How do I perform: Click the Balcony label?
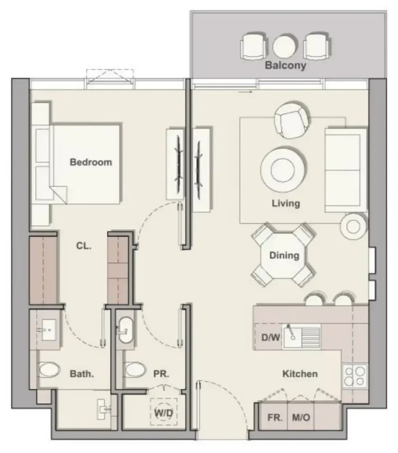pos(286,65)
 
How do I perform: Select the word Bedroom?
pos(91,162)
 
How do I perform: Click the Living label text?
pos(286,203)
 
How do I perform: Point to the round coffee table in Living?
pos(283,170)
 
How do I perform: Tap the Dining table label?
pos(284,255)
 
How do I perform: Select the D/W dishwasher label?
pos(271,337)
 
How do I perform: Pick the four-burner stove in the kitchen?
pos(355,376)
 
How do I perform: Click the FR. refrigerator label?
pos(275,417)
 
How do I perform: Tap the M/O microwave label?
pos(301,417)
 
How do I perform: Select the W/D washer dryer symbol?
pos(163,412)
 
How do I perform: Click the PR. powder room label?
pos(161,374)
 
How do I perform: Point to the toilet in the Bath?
pos(49,370)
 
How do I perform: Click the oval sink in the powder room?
pos(126,330)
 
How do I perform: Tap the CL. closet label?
pos(84,246)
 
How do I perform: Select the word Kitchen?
pos(300,374)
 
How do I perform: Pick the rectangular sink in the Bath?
pos(49,330)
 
